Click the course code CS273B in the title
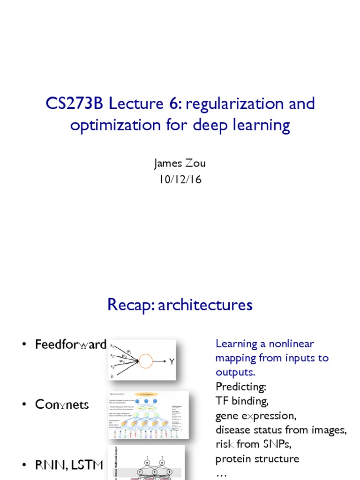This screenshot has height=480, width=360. coord(75,104)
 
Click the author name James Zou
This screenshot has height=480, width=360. coord(180,164)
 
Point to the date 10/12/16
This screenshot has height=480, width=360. coord(180,179)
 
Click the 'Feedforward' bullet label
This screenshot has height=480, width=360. coord(71,345)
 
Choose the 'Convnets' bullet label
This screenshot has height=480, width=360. coord(62,405)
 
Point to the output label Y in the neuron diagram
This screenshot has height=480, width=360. coord(172,362)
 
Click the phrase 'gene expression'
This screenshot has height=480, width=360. coord(256,416)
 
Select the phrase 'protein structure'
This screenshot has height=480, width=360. coord(257,459)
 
